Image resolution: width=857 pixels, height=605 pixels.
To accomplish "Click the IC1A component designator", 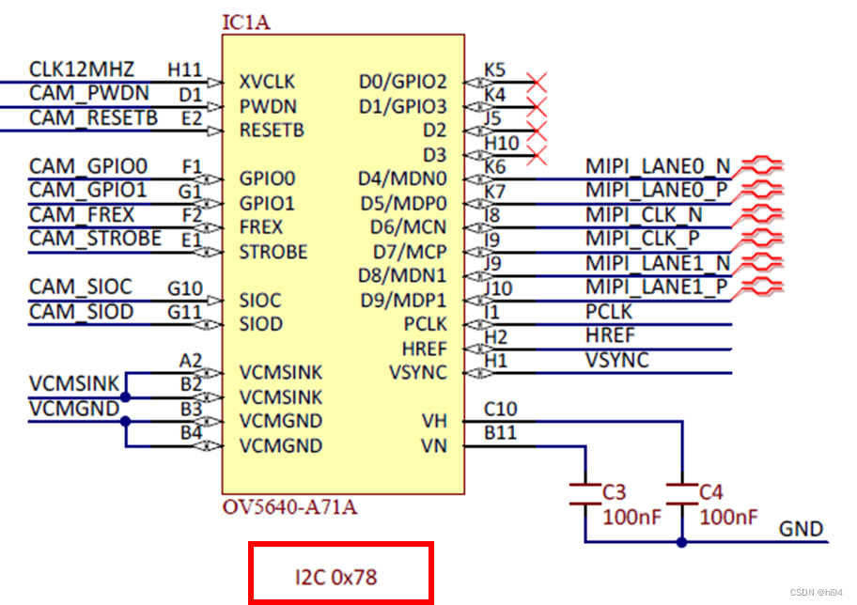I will [x=245, y=22].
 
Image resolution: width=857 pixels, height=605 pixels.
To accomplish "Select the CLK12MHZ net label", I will [x=82, y=70].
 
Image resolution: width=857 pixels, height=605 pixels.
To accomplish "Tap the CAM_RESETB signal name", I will [x=93, y=117].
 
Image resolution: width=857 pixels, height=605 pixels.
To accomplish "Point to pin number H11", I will [x=184, y=70].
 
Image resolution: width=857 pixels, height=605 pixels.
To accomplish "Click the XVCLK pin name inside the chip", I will [x=267, y=82].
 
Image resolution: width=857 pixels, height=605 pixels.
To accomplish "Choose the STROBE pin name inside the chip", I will [x=273, y=252].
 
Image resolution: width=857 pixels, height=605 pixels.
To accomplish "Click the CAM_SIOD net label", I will [x=81, y=312].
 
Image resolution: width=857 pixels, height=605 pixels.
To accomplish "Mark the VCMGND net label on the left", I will [x=74, y=409].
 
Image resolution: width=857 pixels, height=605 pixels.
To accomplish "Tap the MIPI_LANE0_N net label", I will [x=658, y=166].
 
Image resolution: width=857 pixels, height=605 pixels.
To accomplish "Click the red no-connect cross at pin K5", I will [x=538, y=82].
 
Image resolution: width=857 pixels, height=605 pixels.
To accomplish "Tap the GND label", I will [x=801, y=529].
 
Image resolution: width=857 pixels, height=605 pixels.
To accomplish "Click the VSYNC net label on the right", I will [x=616, y=360].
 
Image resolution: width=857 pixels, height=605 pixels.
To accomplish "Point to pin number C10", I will [x=500, y=409].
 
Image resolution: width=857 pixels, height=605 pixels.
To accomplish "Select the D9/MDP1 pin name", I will [x=403, y=301].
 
